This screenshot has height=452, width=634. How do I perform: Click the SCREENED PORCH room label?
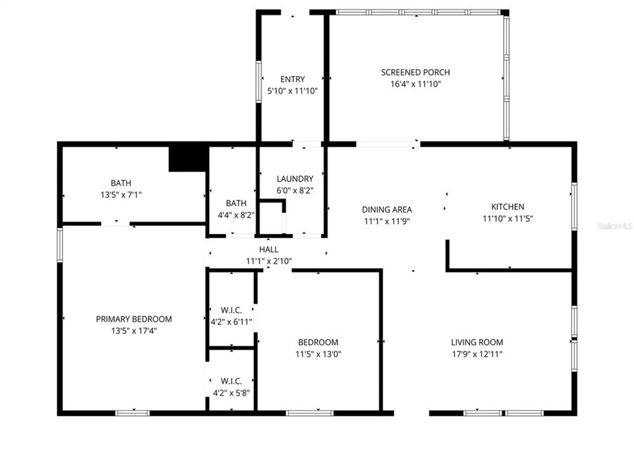[x=415, y=72]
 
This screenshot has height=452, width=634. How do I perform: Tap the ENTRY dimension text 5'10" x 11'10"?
[x=292, y=91]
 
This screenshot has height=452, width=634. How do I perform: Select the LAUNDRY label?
[x=295, y=179]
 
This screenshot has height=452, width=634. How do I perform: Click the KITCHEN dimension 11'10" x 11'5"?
[x=508, y=218]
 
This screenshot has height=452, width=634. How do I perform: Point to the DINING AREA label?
[x=387, y=210]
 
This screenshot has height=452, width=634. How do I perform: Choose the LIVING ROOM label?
[x=477, y=342]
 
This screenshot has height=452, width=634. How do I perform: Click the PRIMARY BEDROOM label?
[x=134, y=319]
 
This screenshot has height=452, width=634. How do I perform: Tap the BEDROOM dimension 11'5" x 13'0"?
[x=318, y=354]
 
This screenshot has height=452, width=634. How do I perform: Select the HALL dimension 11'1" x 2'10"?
[x=269, y=261]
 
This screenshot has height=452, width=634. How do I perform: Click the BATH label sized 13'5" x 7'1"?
[x=121, y=183]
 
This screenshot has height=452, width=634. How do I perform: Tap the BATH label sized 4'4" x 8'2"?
[x=236, y=203]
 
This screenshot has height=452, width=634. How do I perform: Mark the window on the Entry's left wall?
[x=259, y=82]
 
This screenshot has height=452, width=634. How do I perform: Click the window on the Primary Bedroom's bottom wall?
[x=132, y=413]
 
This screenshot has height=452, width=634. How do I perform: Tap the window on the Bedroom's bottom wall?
[x=309, y=413]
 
